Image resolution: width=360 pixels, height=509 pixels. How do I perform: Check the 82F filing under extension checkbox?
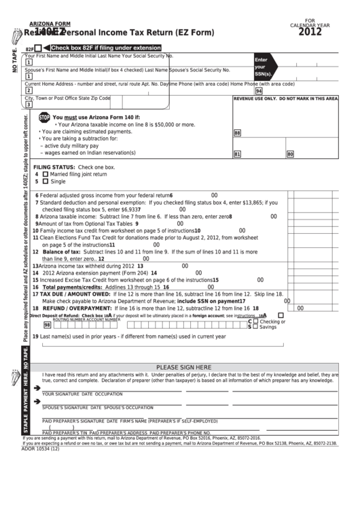pos(38,48)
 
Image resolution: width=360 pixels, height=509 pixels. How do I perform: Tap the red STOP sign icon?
pos(44,118)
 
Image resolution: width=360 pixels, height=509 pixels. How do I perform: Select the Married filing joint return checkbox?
pos(46,174)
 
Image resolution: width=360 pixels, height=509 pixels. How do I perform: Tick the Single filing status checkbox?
pos(46,181)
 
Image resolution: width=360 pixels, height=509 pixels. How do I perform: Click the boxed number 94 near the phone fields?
pos(259,90)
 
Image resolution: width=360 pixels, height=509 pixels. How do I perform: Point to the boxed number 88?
pos(237,134)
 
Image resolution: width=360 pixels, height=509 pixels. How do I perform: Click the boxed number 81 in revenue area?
pos(237,154)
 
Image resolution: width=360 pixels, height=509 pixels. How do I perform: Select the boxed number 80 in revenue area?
pos(290,154)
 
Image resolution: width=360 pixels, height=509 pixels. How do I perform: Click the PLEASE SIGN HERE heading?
pos(183,367)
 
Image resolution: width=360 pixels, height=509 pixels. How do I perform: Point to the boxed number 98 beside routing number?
pos(48,325)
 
